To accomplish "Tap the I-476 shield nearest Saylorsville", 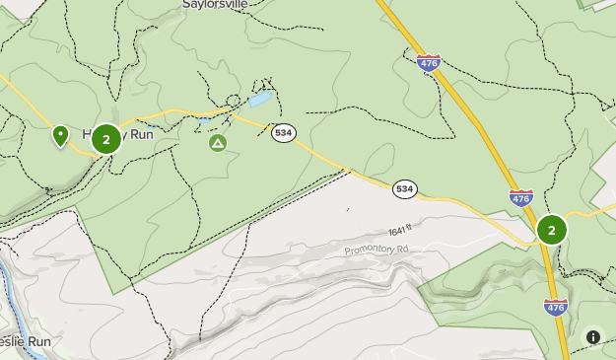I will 428,63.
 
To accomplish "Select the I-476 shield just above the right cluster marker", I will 521,197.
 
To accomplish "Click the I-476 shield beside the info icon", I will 556,307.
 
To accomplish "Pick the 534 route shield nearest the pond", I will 284,132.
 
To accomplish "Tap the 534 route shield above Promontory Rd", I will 404,188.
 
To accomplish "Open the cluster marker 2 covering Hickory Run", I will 106,139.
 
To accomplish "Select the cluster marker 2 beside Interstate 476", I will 551,230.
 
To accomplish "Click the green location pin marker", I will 60,135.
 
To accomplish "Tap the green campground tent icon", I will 218,144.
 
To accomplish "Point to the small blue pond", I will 259,100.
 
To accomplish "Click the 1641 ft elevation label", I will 400,231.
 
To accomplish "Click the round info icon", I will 593,336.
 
